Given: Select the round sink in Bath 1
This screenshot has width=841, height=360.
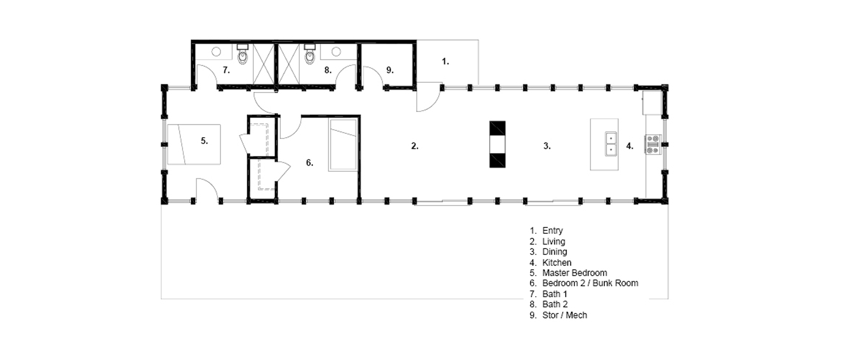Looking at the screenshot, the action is coord(216,52).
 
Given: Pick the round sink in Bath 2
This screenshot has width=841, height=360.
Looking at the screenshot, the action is coord(336,52).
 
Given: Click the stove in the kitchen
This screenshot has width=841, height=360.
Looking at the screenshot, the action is coord(653,144).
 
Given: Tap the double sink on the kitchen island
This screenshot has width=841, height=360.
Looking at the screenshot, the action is coord(611,144).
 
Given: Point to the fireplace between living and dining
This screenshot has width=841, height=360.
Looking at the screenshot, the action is coord(497,144).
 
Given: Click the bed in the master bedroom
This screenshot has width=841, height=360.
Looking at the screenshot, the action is coord(194,144).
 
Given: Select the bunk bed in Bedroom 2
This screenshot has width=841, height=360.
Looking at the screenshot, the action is coord(343,145).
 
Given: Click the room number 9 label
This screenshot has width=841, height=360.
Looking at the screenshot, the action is coord(390,70).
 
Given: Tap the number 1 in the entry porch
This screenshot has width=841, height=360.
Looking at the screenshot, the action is coord(445,62).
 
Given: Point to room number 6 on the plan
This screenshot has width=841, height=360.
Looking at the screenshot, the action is coord(310,163).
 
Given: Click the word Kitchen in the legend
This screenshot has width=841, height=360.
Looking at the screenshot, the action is coord(557,262).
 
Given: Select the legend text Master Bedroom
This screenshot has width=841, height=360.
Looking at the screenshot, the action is coord(574,273).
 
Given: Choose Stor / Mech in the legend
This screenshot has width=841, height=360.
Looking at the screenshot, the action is coord(565,315).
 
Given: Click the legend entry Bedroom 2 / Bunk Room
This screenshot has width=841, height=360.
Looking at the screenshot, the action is coord(590,283).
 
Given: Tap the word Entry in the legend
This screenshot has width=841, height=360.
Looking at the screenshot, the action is coord(552,231).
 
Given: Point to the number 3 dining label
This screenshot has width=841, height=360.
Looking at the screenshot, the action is coord(547,146).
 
